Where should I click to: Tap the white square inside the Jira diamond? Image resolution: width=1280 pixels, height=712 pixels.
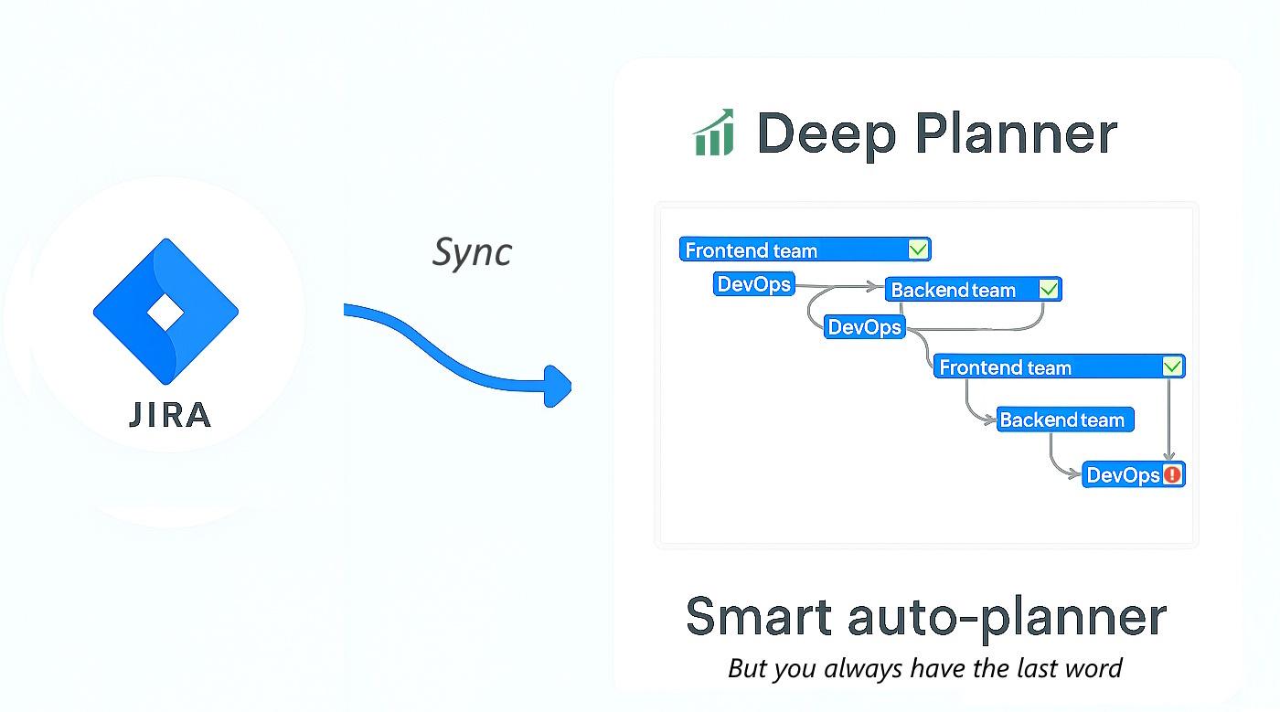pos(165,313)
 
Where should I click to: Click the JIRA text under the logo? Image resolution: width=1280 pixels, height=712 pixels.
pos(170,415)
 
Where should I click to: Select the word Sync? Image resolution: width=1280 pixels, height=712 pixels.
pos(472,252)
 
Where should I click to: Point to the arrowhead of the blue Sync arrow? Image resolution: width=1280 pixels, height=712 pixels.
pos(558,385)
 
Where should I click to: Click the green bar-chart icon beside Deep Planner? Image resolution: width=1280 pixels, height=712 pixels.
pos(713,133)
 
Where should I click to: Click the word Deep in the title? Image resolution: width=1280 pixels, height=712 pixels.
pos(827,133)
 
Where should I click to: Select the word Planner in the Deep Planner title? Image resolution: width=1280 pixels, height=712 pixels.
pos(1016,133)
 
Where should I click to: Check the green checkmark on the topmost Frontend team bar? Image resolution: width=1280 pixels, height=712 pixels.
pos(919,250)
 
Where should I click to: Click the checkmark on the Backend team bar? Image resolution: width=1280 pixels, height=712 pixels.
pos(1050,290)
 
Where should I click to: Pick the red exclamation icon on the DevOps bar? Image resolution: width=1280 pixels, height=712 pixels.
pos(1172,475)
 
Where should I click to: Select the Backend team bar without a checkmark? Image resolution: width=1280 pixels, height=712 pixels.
pos(1064,420)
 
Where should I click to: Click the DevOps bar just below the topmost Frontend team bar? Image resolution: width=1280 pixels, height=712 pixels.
pos(753,284)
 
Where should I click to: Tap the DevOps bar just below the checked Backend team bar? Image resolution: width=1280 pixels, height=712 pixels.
pos(864,327)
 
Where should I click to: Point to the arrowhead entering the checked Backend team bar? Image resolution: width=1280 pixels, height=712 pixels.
pos(879,287)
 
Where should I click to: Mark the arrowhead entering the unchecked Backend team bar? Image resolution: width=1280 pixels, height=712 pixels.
pos(990,420)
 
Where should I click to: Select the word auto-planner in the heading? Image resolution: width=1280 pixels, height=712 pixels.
pos(1007,618)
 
